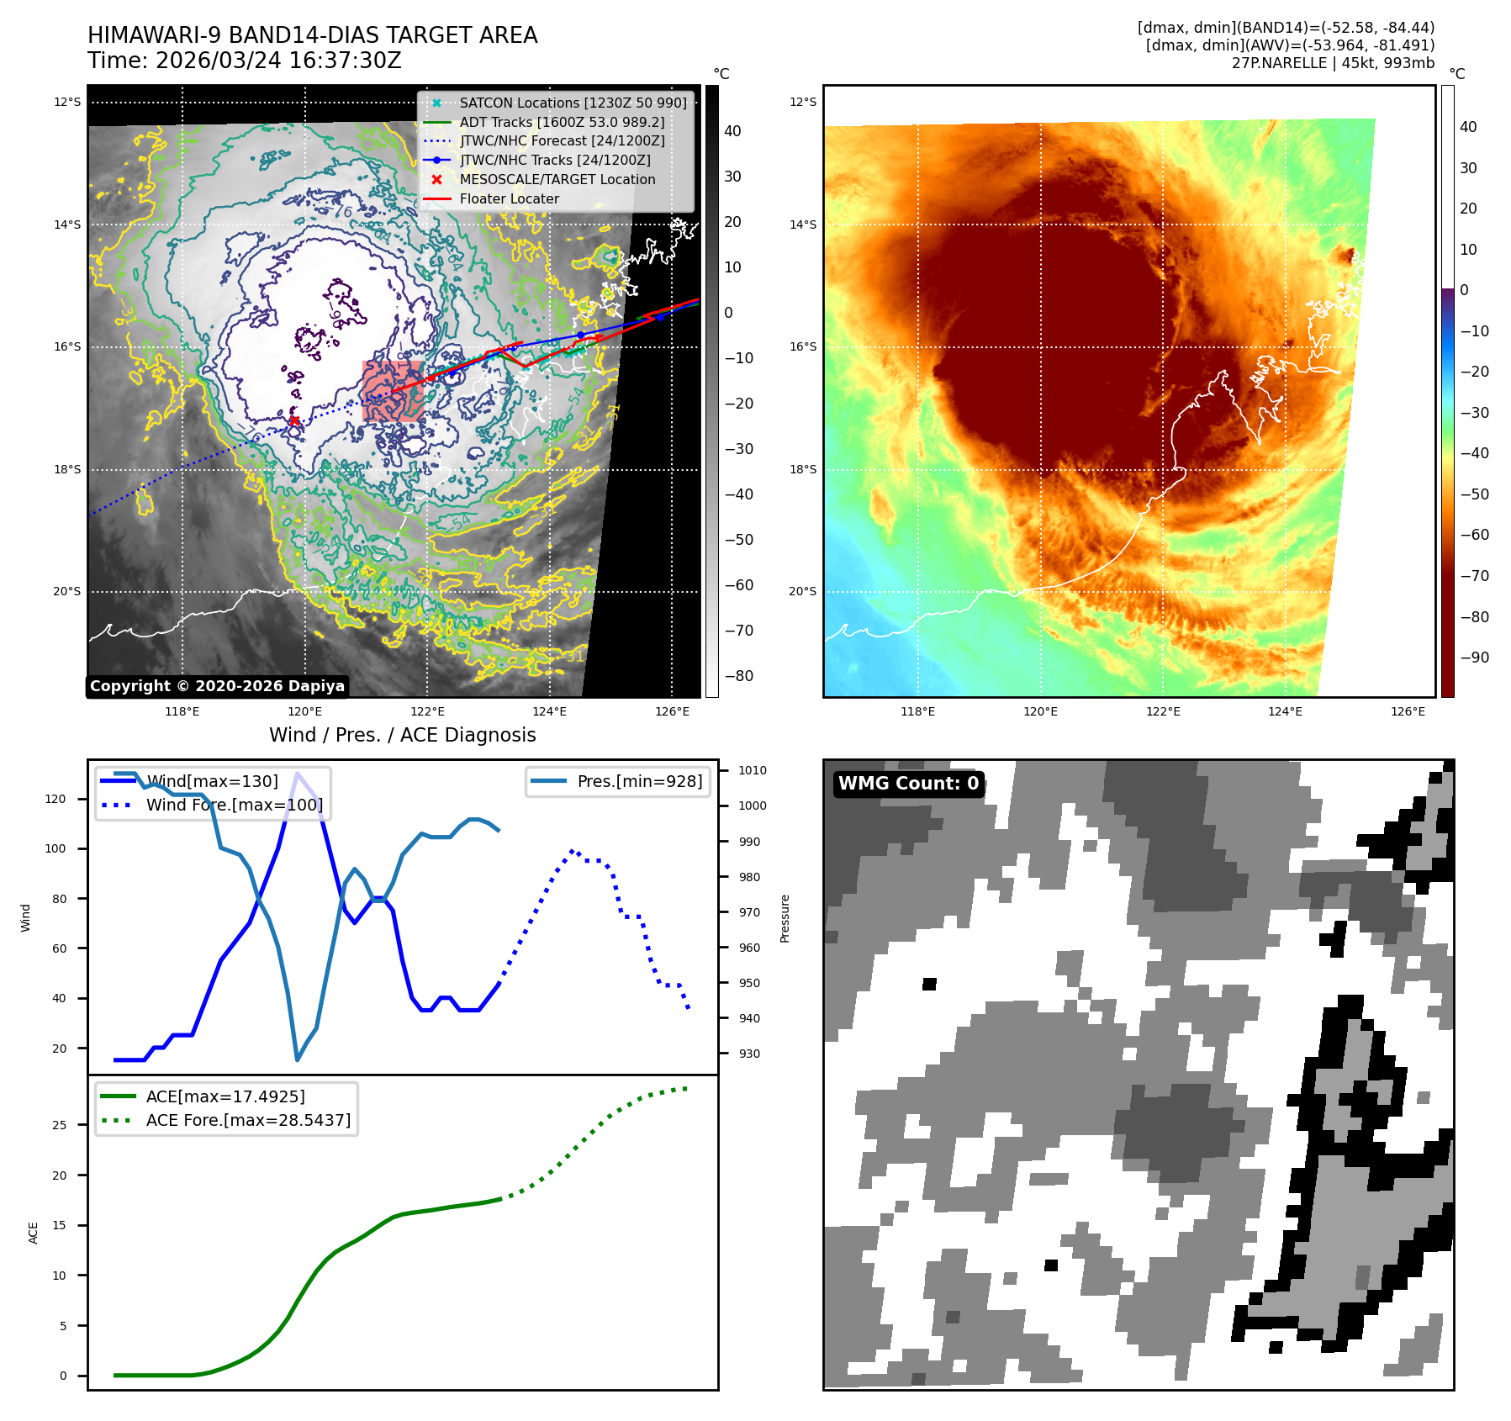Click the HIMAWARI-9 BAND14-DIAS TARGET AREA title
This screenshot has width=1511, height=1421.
click(312, 35)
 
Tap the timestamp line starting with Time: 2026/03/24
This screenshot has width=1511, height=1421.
click(244, 61)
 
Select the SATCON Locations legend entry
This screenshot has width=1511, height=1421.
click(573, 103)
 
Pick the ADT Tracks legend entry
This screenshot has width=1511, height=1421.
click(562, 122)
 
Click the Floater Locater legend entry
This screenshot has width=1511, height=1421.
click(509, 198)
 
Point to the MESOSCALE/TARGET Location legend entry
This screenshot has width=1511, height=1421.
click(557, 179)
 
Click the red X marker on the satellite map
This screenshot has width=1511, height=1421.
click(293, 420)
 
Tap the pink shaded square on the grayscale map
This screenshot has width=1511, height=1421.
click(392, 391)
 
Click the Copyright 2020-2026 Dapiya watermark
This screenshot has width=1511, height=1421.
click(217, 686)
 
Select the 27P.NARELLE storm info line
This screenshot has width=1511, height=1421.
click(1333, 63)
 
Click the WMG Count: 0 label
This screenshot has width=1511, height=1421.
click(908, 784)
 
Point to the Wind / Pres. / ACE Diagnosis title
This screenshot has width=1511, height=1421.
click(402, 735)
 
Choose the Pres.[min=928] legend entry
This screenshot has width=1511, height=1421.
click(639, 781)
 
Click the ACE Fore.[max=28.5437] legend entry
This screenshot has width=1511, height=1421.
click(248, 1120)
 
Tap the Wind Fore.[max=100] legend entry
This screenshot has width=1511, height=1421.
click(234, 805)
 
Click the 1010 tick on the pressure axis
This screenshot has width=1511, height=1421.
click(752, 770)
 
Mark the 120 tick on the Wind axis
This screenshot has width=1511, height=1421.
click(55, 799)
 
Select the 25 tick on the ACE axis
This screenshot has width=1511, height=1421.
click(60, 1125)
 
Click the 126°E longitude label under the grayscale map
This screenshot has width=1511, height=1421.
click(672, 711)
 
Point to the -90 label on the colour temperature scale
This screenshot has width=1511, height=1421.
click(1474, 658)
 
